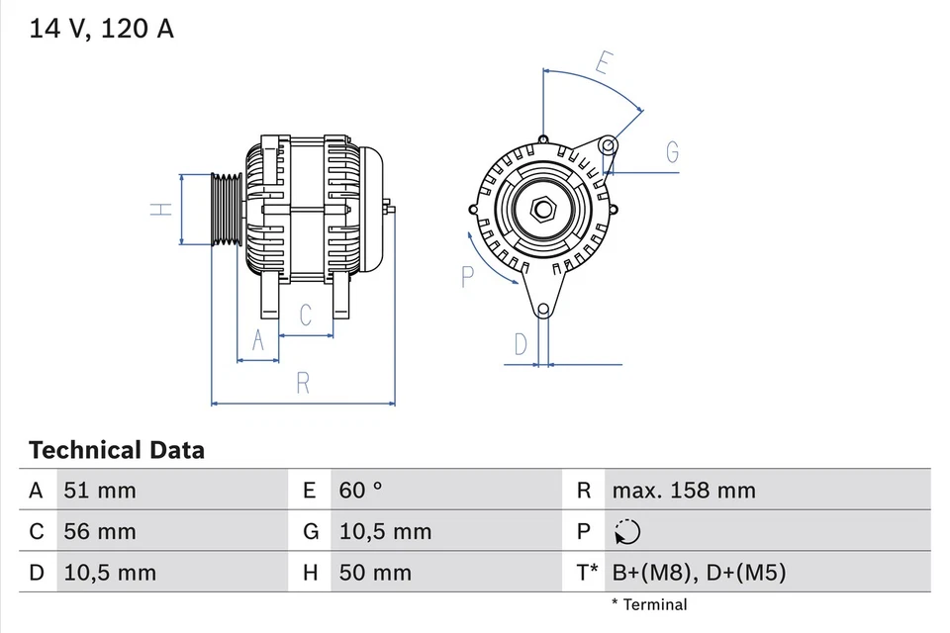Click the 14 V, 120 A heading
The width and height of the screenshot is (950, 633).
coord(101,29)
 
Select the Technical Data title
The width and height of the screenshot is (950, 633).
coord(117,451)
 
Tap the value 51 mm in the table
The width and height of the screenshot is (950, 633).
coord(100,491)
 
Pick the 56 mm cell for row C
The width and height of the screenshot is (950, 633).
coord(100,532)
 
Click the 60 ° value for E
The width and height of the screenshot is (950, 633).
coord(361,491)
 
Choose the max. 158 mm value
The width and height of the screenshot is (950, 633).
coord(683,491)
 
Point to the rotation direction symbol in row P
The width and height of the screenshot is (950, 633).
coord(626,532)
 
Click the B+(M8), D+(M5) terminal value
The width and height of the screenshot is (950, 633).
coord(699,573)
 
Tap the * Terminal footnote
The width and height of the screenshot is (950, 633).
coord(648,604)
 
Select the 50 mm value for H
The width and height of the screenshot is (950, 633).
coord(375,573)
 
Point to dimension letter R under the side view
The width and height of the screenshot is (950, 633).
coord(304,383)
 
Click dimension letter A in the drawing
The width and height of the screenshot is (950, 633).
coord(258,340)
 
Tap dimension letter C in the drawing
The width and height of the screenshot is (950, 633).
coord(306,316)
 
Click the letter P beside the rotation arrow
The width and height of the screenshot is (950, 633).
coord(468,277)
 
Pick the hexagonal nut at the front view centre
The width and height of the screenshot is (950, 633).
coord(541,210)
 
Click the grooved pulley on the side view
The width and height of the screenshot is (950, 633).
coord(227,209)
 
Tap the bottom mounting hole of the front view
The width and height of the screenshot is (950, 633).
coord(542,311)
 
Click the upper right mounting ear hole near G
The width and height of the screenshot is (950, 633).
coord(609,147)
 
